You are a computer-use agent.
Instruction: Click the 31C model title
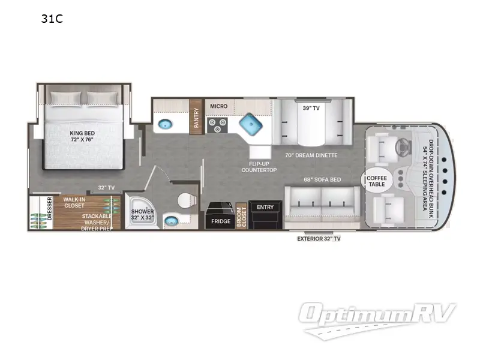[x=52, y=19]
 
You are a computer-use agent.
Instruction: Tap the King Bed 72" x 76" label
[x=82, y=136]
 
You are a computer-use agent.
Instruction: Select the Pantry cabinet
[x=196, y=117]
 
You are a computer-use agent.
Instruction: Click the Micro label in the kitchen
[x=218, y=106]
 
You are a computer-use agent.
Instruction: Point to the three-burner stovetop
[x=217, y=125]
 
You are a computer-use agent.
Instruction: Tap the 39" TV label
[x=311, y=108]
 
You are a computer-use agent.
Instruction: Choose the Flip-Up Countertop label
[x=259, y=167]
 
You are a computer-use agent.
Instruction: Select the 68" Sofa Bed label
[x=322, y=179]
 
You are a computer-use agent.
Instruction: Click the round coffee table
[x=377, y=181]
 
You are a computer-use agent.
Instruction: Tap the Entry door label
[x=265, y=207]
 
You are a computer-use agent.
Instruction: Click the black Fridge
[x=220, y=215]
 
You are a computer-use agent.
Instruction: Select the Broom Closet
[x=242, y=216]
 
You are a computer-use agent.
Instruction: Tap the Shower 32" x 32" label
[x=142, y=215]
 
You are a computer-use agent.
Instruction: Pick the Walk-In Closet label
[x=74, y=203]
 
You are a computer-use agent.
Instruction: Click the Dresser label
[x=50, y=209]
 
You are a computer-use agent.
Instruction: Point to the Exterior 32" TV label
[x=319, y=239]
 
